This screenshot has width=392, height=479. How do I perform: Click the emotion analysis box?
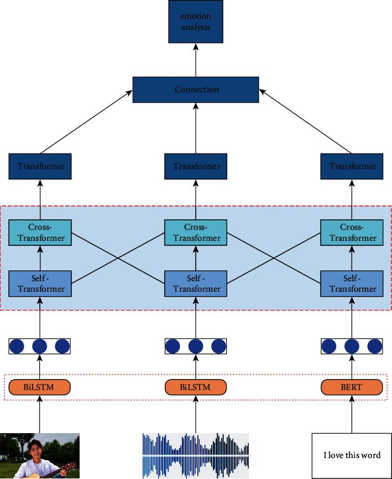[x=196, y=22]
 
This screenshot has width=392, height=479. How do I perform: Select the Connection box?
[x=196, y=90]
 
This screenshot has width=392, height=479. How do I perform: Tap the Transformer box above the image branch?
[x=40, y=166]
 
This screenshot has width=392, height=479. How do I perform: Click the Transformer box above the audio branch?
[x=196, y=166]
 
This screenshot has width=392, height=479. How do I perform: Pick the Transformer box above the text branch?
[x=352, y=166]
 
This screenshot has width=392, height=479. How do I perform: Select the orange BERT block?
[x=352, y=387]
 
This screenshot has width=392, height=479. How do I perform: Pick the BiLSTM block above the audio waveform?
[x=196, y=387]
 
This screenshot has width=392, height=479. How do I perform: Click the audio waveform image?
[x=196, y=455]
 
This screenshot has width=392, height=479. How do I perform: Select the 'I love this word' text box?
[x=352, y=455]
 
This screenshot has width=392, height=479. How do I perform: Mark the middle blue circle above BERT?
[x=352, y=346]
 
